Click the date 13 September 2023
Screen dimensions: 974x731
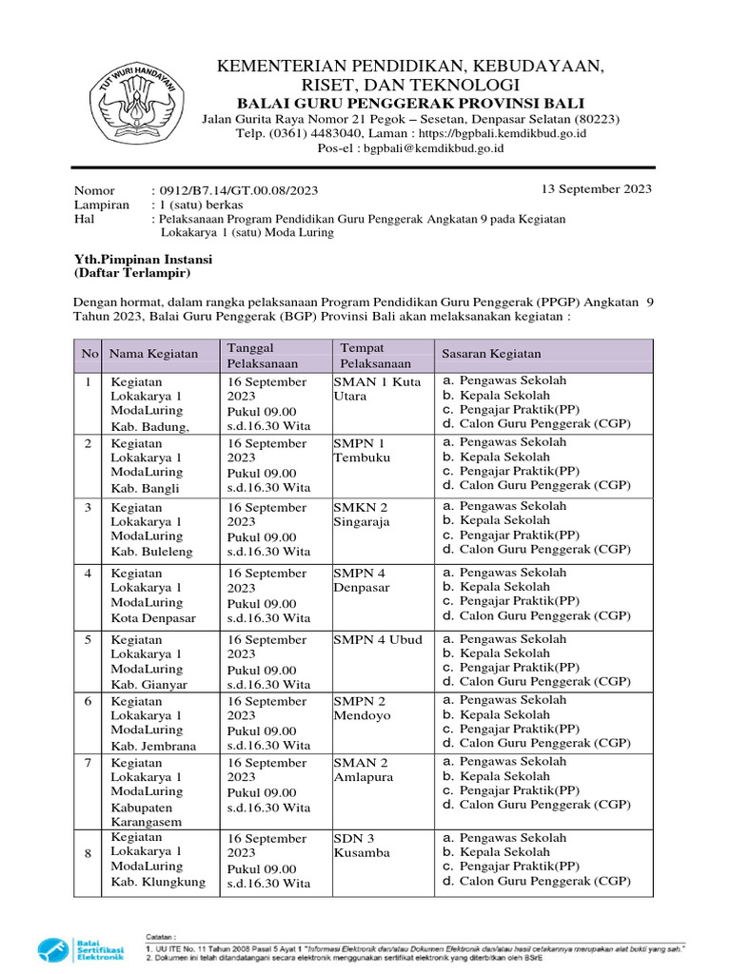597,188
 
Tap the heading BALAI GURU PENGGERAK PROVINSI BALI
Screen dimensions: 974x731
410,103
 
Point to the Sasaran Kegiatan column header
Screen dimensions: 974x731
490,354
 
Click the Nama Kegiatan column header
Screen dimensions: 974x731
154,354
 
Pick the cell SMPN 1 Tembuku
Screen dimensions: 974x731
360,450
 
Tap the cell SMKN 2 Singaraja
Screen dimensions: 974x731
362,515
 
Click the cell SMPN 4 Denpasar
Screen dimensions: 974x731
362,580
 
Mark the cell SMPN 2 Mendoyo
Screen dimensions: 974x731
362,708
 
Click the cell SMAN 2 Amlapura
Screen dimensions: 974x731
362,769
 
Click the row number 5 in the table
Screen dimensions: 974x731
88,639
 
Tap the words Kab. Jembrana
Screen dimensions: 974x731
154,746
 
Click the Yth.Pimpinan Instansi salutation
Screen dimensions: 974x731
144,259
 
